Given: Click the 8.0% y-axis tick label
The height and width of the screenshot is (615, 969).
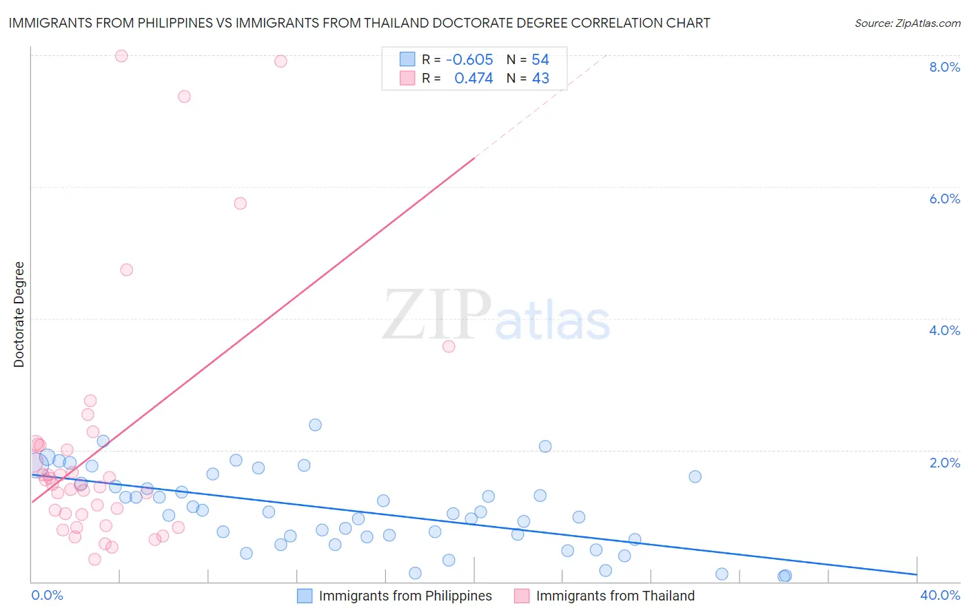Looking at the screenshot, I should [x=944, y=67].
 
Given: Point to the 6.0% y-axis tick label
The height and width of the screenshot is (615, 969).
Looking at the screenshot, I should [x=944, y=199].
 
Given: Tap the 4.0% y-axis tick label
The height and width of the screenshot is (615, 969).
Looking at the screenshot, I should [x=944, y=330].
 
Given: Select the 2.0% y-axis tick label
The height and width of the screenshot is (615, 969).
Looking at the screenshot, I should [x=944, y=463].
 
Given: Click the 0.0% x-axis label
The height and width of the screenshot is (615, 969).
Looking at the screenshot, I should [x=48, y=595].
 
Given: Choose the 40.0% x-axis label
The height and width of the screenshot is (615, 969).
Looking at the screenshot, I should [x=939, y=595].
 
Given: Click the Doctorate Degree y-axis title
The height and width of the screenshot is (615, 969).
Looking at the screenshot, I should [x=19, y=314].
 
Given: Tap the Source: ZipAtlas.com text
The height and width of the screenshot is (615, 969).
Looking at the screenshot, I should [x=907, y=23].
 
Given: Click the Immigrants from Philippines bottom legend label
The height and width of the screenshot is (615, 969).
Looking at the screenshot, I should [x=405, y=596].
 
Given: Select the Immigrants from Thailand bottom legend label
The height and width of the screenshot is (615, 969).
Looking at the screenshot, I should [x=615, y=596].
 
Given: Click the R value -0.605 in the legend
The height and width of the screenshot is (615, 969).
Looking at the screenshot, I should [x=469, y=60].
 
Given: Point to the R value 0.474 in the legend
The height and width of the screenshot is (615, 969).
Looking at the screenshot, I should [x=473, y=79].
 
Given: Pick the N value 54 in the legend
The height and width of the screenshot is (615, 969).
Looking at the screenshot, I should [x=540, y=60].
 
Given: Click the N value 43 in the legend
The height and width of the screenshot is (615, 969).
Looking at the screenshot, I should [x=540, y=79].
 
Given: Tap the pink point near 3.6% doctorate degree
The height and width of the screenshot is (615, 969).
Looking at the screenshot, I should [x=449, y=346].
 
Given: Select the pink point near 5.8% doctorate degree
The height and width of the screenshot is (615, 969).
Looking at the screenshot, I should [x=240, y=203].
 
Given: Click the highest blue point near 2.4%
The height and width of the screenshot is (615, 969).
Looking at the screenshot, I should [x=315, y=425].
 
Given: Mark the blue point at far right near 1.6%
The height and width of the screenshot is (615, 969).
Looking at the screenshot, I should [x=695, y=476].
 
